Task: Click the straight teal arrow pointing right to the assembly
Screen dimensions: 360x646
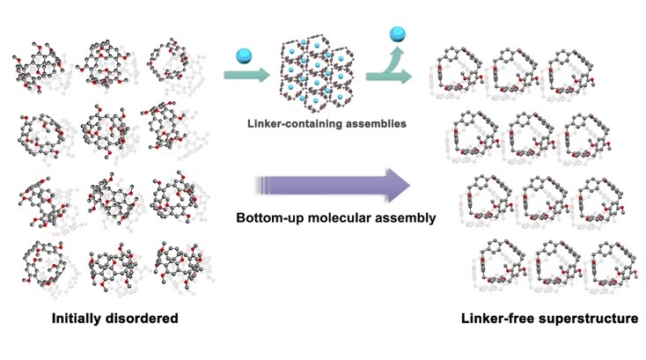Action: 244,78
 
